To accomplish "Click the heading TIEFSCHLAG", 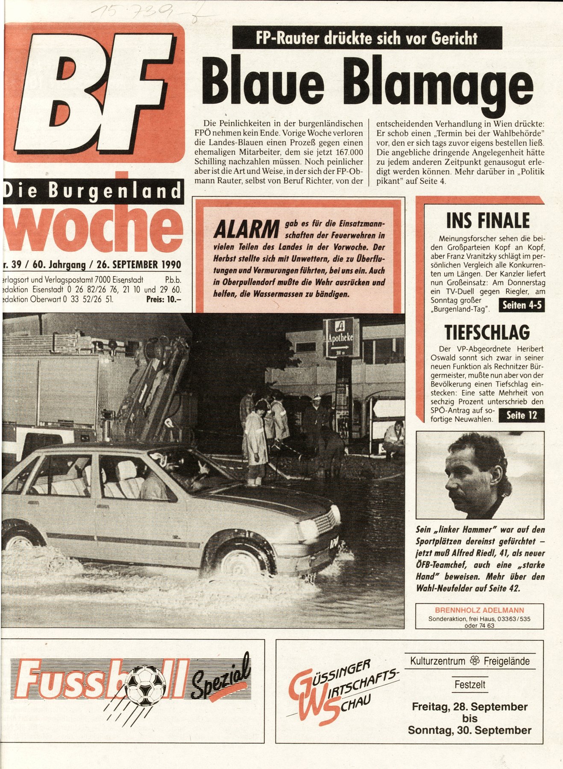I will tap(487, 332).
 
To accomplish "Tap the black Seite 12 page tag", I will tap(521, 415).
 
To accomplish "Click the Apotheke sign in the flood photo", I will tap(340, 337).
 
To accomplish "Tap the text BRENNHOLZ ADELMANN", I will tap(479, 610).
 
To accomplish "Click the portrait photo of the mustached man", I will tap(480, 475).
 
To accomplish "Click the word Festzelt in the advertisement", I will tap(469, 684).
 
